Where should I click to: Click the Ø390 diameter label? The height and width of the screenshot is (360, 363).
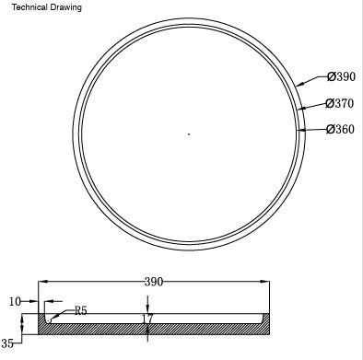pos(341,76)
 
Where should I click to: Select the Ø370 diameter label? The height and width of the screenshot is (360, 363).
pos(340,103)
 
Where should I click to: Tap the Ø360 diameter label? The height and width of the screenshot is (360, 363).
pos(340,129)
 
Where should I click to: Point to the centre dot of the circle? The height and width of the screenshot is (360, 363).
pos(189,134)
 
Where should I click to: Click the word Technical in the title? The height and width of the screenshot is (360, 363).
pos(29,7)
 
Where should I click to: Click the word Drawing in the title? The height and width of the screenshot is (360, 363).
pos(66,7)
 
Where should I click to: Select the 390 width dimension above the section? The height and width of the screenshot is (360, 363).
pos(154,282)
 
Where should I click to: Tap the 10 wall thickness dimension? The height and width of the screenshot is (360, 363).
pos(15,302)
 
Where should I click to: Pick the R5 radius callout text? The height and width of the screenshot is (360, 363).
pos(81,311)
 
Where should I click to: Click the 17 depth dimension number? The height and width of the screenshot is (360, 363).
pos(148,319)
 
